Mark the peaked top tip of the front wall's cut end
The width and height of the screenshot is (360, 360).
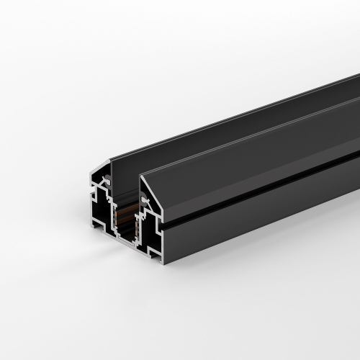(x=141, y=174)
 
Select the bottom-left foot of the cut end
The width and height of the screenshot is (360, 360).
(x=94, y=225)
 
